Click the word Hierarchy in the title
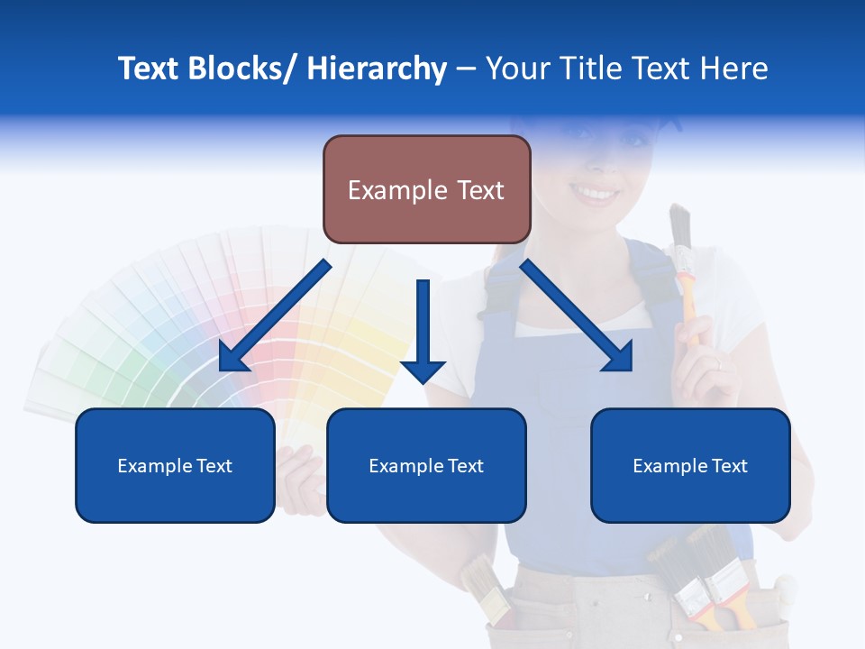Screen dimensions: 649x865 click(x=377, y=69)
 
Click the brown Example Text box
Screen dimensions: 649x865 click(x=426, y=189)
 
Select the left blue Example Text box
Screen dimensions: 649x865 click(x=175, y=465)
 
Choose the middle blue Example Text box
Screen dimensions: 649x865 click(x=426, y=465)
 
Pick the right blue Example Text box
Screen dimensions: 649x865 click(x=690, y=465)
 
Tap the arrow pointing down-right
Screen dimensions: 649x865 click(x=577, y=315)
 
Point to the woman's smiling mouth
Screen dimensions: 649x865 click(x=595, y=192)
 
